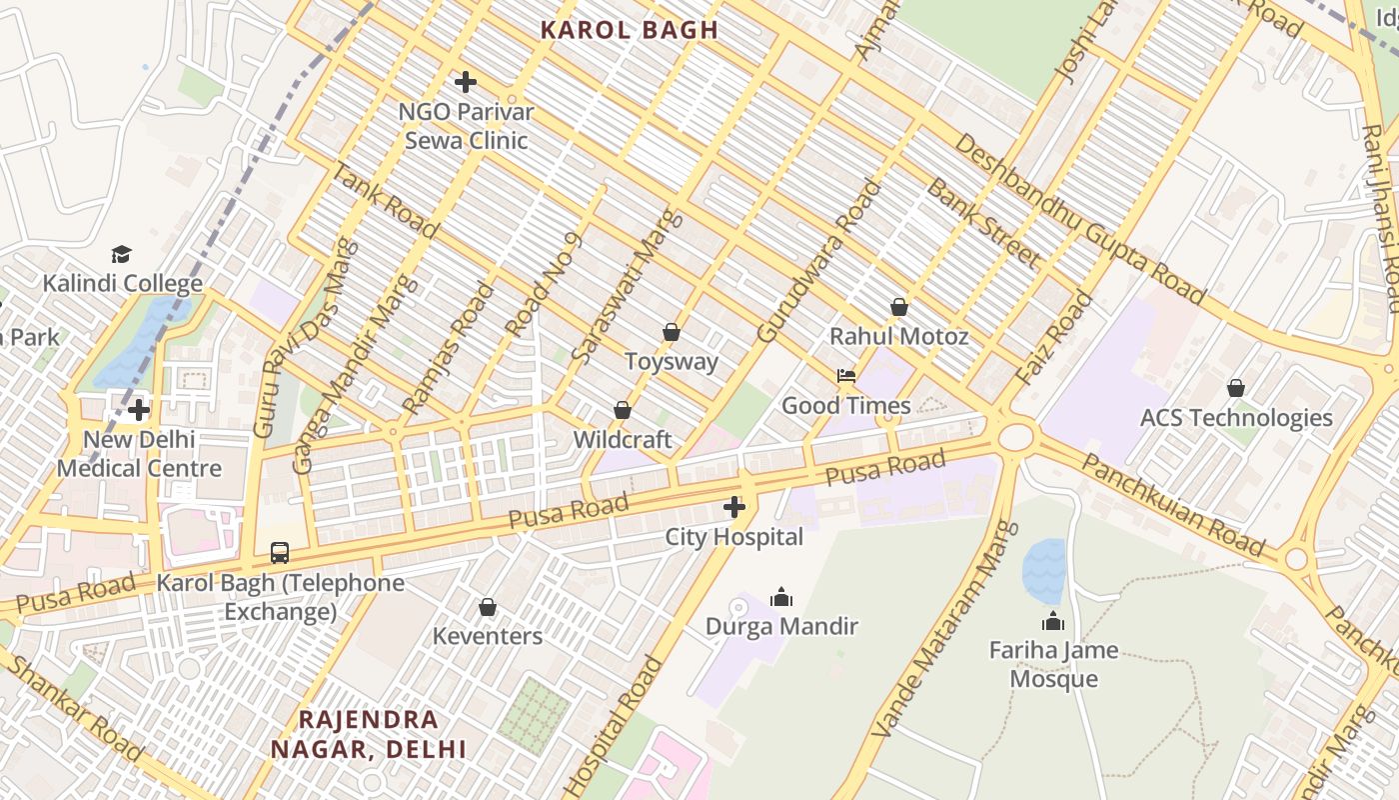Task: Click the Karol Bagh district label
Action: pos(630,30)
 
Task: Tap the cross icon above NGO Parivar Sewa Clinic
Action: pos(465,82)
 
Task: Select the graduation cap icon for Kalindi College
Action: pos(121,254)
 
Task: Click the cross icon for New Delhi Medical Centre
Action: pos(139,410)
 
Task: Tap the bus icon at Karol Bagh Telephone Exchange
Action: pos(280,553)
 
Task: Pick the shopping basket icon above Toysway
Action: pos(672,332)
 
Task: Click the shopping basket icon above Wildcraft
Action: pos(622,410)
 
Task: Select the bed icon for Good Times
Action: pos(846,377)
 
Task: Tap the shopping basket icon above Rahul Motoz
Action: pos(899,307)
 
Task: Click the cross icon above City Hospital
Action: pos(734,507)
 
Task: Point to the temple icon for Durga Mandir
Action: pos(781,597)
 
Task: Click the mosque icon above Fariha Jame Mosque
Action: pos(1053,622)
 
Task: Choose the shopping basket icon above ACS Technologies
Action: pos(1236,388)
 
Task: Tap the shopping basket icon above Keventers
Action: pos(488,607)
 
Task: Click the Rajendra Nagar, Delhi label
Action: pos(369,734)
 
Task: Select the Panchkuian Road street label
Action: pos(1173,506)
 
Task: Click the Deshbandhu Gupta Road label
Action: pos(1079,218)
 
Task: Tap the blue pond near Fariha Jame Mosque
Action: pos(1044,571)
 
